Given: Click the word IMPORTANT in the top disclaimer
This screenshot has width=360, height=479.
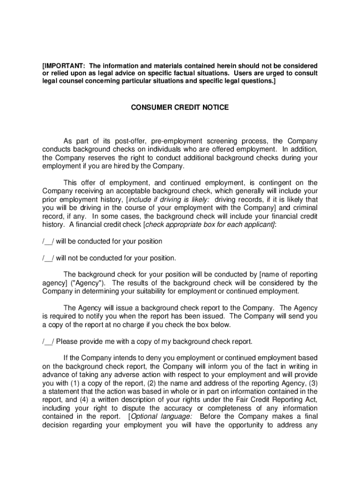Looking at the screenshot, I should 62,65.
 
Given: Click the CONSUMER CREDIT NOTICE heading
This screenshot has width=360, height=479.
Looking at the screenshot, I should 180,108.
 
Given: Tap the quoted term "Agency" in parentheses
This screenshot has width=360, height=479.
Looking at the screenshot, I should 88,283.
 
